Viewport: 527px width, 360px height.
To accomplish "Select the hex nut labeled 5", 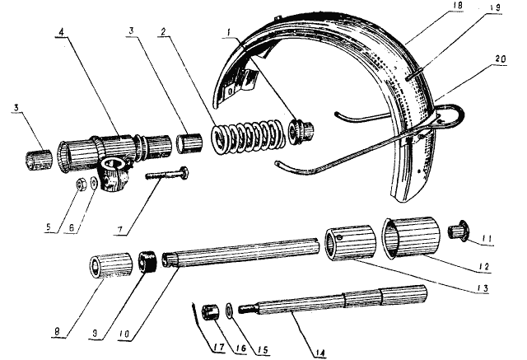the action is coord(82,185).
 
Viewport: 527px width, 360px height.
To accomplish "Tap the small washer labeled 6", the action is coord(94,184).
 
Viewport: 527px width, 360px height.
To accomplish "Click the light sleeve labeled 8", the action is coord(111,265).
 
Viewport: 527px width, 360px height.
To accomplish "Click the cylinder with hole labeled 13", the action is coord(350,242).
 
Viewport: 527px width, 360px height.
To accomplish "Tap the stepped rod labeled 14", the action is coord(333,302).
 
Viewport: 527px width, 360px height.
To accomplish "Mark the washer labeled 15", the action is coord(230,311).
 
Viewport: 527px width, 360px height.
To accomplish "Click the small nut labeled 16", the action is coord(210,312).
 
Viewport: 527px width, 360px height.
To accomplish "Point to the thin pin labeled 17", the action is coord(195,317).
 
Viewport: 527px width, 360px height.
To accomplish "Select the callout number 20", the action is coord(500,59).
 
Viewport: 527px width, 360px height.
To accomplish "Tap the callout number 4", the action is coord(61,32).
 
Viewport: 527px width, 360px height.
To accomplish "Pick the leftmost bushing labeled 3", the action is coord(40,161).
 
